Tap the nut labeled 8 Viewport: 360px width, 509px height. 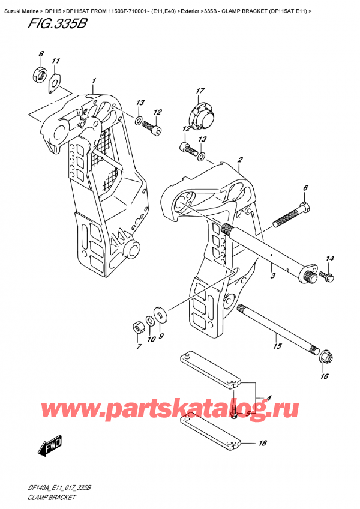[35, 76]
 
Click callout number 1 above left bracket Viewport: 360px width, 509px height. [94, 80]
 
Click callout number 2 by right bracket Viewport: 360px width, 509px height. [239, 160]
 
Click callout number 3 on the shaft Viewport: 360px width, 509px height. [272, 276]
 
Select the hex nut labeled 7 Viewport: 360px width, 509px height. [137, 327]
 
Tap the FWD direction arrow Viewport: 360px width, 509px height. [49, 448]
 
